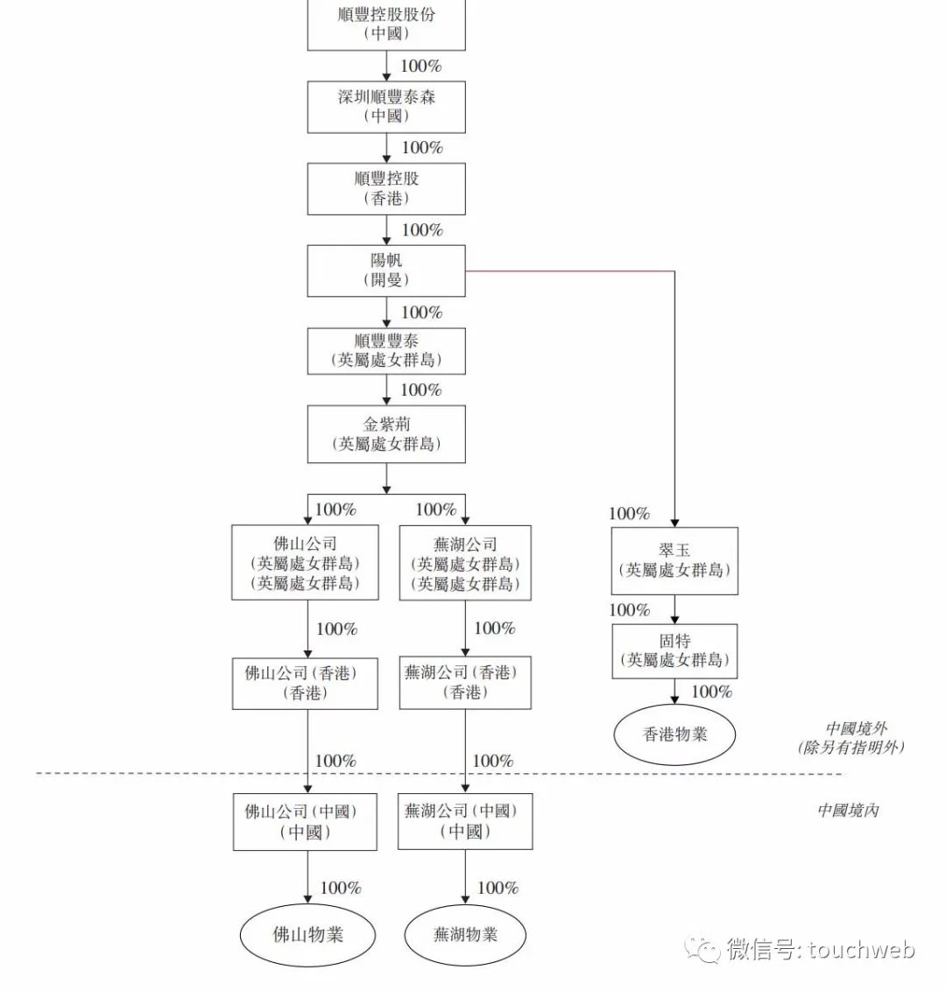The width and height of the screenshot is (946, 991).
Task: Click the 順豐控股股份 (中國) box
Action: tap(386, 25)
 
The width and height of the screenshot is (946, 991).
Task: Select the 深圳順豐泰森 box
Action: tap(386, 107)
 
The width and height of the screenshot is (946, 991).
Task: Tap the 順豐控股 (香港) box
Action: tap(386, 188)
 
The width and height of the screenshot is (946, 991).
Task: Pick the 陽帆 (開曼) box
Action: tap(386, 271)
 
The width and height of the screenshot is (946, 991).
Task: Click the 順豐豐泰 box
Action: tap(386, 351)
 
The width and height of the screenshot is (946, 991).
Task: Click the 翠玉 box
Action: tap(674, 561)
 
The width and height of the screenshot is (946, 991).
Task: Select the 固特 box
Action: tap(674, 651)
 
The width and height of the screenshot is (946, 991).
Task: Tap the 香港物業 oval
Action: tap(674, 734)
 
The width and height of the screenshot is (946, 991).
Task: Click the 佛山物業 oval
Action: tap(307, 935)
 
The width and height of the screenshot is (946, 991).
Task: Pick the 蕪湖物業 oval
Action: tap(465, 935)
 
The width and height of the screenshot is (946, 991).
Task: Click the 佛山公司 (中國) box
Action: tap(305, 822)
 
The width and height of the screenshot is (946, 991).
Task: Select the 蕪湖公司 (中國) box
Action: tap(465, 822)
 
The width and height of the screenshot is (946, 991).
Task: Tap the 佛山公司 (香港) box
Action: tap(305, 684)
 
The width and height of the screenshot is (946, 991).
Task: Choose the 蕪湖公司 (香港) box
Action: tap(465, 683)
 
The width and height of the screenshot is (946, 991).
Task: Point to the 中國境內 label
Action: tap(848, 811)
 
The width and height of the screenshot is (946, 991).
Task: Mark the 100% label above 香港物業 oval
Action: tap(711, 692)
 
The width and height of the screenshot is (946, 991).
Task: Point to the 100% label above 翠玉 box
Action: tap(629, 514)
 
